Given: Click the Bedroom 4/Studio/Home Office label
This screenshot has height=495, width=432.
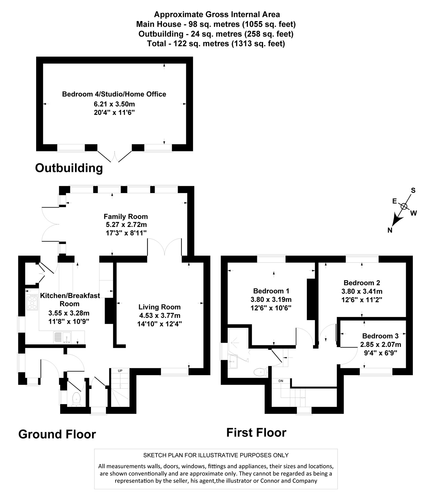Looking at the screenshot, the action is pos(114,94).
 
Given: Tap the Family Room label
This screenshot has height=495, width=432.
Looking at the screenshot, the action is pos(125,216).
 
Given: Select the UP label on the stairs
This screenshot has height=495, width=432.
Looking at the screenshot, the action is pos(120,371).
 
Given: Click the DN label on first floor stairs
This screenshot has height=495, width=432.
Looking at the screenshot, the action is pos(281,381).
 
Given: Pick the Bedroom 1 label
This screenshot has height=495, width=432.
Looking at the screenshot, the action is pos(271,291).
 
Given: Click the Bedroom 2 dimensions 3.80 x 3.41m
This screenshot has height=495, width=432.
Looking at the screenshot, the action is pos(362,291).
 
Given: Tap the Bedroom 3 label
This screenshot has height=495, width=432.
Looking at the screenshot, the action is pos(380,336).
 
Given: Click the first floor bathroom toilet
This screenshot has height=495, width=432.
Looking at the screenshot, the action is pos(260,372).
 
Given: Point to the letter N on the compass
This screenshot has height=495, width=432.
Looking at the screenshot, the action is pos(390,230).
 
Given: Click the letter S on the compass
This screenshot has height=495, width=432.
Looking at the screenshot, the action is pos(413,191).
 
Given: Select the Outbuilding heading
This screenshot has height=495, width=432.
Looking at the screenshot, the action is pos(69,168).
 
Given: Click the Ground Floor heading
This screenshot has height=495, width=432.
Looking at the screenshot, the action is pos(57,434).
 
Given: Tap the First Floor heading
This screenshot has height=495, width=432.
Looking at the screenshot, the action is pos(256,433).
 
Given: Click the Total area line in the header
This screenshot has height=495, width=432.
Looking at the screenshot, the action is pos(216,44).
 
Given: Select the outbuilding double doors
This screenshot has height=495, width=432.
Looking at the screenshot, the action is pos(114,156).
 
